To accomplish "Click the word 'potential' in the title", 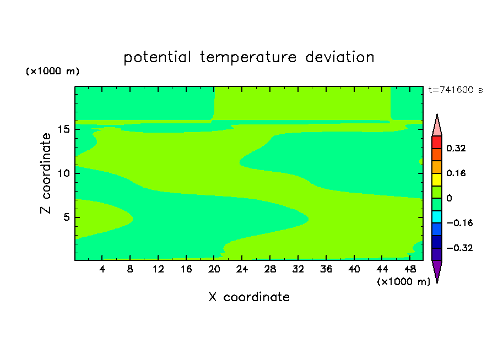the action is click(x=157, y=57).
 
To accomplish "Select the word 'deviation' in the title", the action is click(x=340, y=57).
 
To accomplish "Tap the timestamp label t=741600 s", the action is click(x=456, y=90).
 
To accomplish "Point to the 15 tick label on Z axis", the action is click(x=64, y=129).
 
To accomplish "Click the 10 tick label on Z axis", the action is click(x=64, y=173).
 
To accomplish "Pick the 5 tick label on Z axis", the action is click(x=66, y=217).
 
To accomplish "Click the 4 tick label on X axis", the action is click(x=102, y=269).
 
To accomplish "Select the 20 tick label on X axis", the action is click(x=214, y=269).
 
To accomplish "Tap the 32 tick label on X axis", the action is click(x=298, y=269).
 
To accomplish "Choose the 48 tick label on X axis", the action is click(x=410, y=269).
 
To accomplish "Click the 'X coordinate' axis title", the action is click(x=249, y=297).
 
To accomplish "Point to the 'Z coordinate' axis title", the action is click(x=46, y=173).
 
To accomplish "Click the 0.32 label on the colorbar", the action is click(x=456, y=148).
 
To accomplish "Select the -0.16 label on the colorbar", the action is click(x=459, y=223).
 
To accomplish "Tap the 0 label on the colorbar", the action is click(x=449, y=198).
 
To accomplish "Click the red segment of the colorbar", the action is click(x=437, y=142).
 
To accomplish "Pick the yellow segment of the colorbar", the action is click(x=437, y=179).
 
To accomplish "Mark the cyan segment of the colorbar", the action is click(x=437, y=217).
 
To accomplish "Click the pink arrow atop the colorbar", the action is click(x=437, y=126).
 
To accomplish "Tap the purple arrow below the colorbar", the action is click(x=437, y=270).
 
